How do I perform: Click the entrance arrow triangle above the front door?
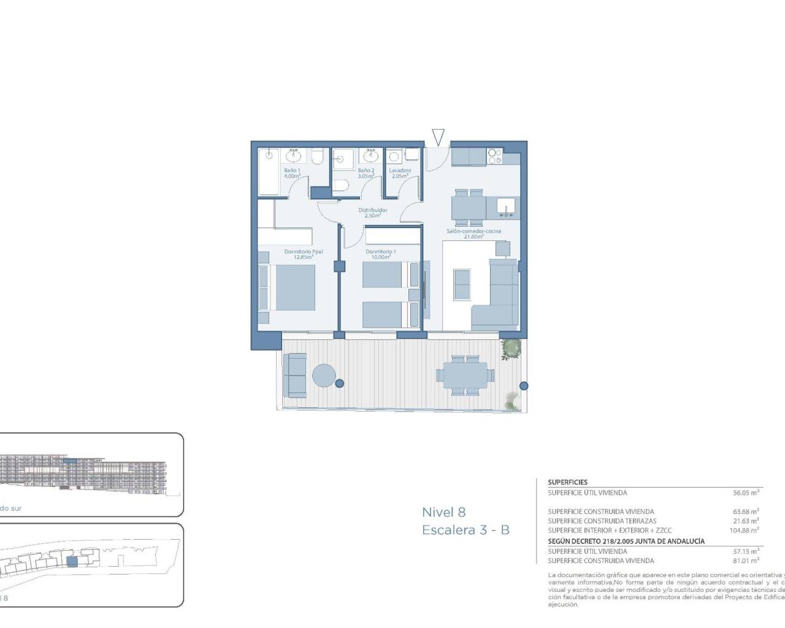click(x=437, y=137)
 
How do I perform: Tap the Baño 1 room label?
click(x=292, y=173)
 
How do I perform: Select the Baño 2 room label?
click(x=366, y=173)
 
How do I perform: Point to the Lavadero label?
click(x=400, y=173)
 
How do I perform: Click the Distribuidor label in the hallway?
click(x=373, y=212)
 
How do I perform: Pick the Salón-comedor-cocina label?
click(x=473, y=233)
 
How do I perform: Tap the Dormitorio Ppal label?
click(x=303, y=254)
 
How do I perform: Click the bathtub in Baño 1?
click(x=267, y=171)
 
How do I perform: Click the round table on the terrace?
click(x=324, y=375)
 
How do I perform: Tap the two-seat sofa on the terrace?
click(x=295, y=375)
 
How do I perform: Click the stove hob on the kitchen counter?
click(x=494, y=156)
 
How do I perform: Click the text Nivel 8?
click(x=443, y=512)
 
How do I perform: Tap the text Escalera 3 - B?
click(x=465, y=530)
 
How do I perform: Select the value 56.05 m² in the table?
click(x=746, y=492)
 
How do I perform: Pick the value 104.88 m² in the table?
click(x=744, y=530)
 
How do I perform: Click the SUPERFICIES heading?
click(x=567, y=482)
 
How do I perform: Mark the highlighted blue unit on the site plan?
click(x=72, y=561)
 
